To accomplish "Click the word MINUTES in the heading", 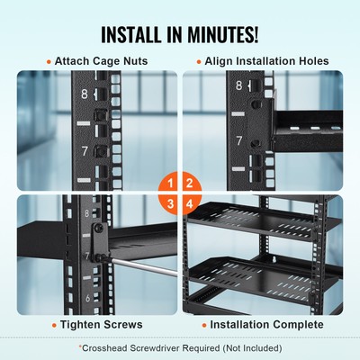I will (x=227, y=36).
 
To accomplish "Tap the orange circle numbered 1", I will (x=167, y=183).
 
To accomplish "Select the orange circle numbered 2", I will (x=191, y=183).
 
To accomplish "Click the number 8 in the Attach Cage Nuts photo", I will (x=84, y=92).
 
